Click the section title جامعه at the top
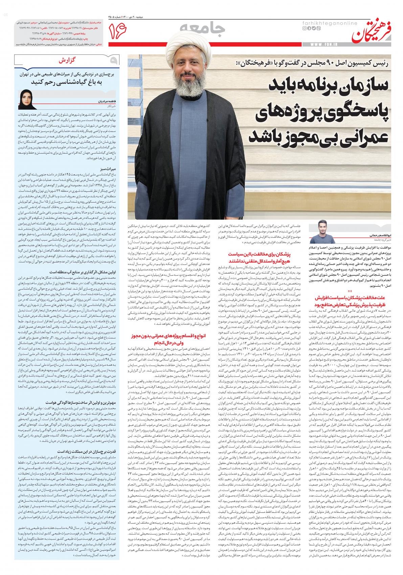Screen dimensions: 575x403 (x=201, y=30)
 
